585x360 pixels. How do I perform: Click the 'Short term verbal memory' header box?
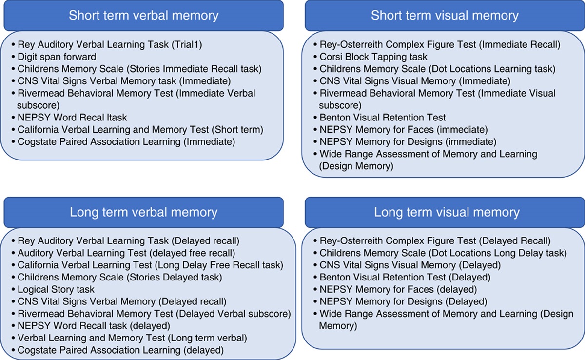(x=143, y=15)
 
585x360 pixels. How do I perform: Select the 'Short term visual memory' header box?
(x=445, y=15)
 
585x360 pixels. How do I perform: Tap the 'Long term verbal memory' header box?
(x=143, y=212)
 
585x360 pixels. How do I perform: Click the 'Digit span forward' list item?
(x=57, y=57)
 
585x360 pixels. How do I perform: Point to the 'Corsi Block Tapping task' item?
(x=373, y=57)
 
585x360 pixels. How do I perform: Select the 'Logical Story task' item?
(x=49, y=290)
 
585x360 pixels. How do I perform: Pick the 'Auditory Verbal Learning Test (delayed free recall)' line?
(x=126, y=253)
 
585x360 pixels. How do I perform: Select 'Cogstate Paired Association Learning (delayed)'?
(x=120, y=350)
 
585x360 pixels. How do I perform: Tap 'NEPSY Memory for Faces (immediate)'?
(x=404, y=130)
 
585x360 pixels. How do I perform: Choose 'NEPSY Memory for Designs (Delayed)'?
(x=403, y=302)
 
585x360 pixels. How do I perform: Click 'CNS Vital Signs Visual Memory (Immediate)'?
(x=415, y=81)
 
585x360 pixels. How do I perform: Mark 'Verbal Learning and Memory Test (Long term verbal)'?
(x=132, y=338)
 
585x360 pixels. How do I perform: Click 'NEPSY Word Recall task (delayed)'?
(x=94, y=326)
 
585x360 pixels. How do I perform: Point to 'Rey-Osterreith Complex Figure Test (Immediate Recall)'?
(x=440, y=45)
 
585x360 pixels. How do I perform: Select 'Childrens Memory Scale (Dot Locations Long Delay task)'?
(x=443, y=253)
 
